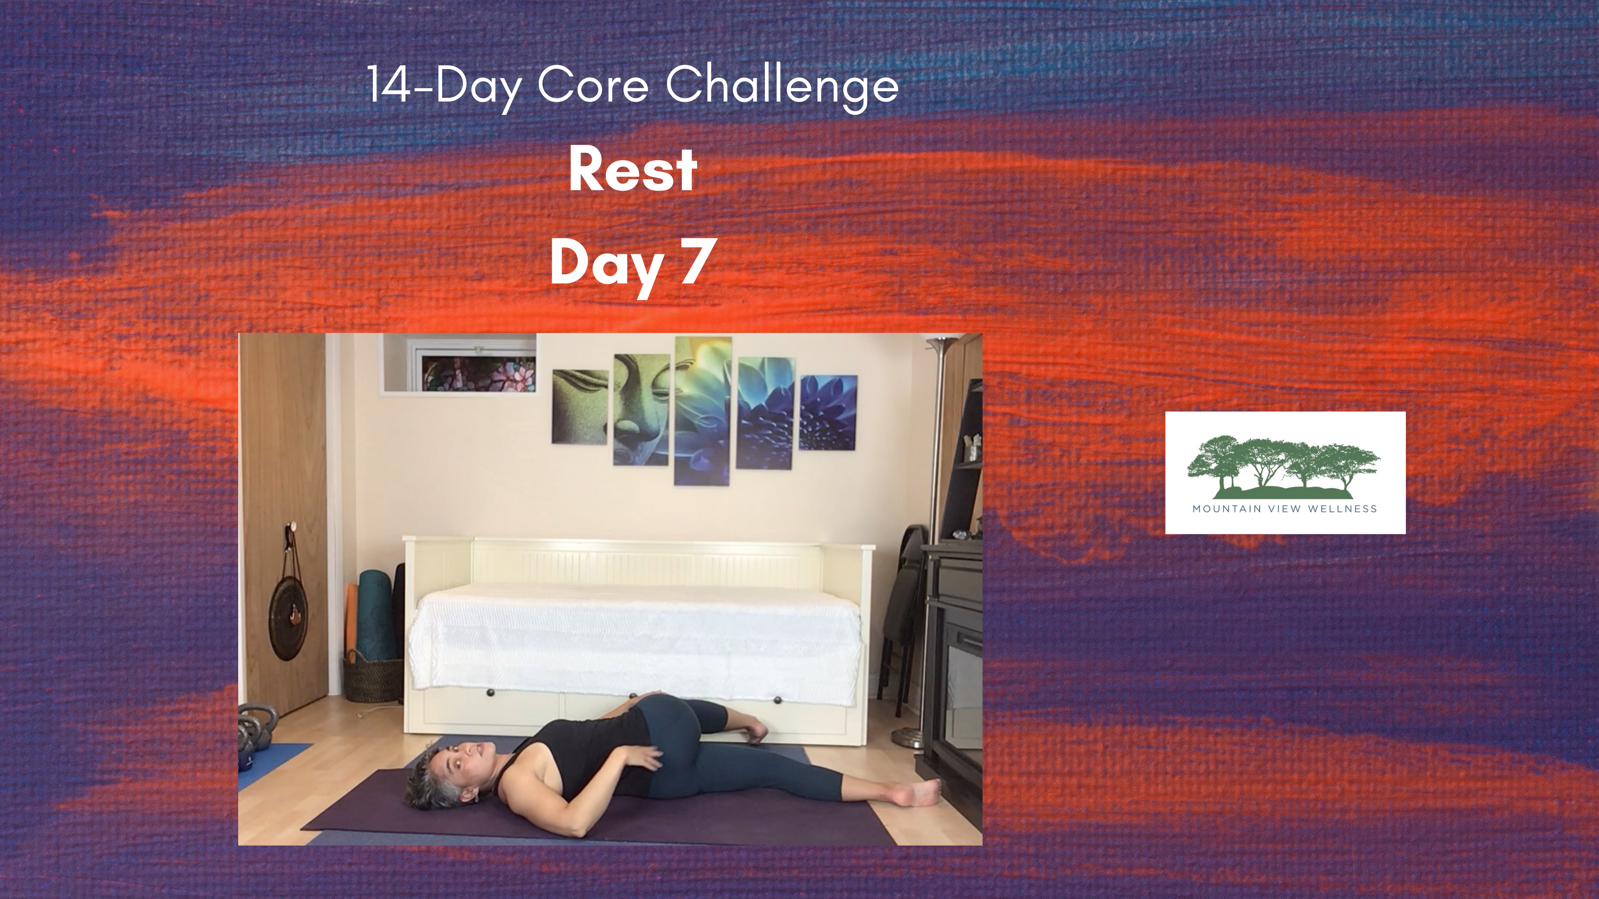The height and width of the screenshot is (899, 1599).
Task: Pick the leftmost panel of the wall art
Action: (580, 406)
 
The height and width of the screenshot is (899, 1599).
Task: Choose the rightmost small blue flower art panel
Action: (828, 412)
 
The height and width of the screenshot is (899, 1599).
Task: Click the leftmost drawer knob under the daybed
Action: (491, 693)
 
